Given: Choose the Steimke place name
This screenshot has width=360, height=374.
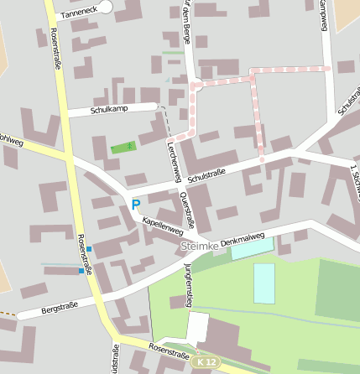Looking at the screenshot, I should pyautogui.click(x=199, y=246).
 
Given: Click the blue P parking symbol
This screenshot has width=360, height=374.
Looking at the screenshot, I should pyautogui.click(x=135, y=204).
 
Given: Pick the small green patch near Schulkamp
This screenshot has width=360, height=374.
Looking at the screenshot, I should pyautogui.click(x=123, y=148).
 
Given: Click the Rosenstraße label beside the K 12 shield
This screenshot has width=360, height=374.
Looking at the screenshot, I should pyautogui.click(x=168, y=354).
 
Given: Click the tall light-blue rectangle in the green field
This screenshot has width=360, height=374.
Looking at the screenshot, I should pyautogui.click(x=264, y=283).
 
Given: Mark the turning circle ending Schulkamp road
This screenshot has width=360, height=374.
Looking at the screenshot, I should pyautogui.click(x=154, y=106).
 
